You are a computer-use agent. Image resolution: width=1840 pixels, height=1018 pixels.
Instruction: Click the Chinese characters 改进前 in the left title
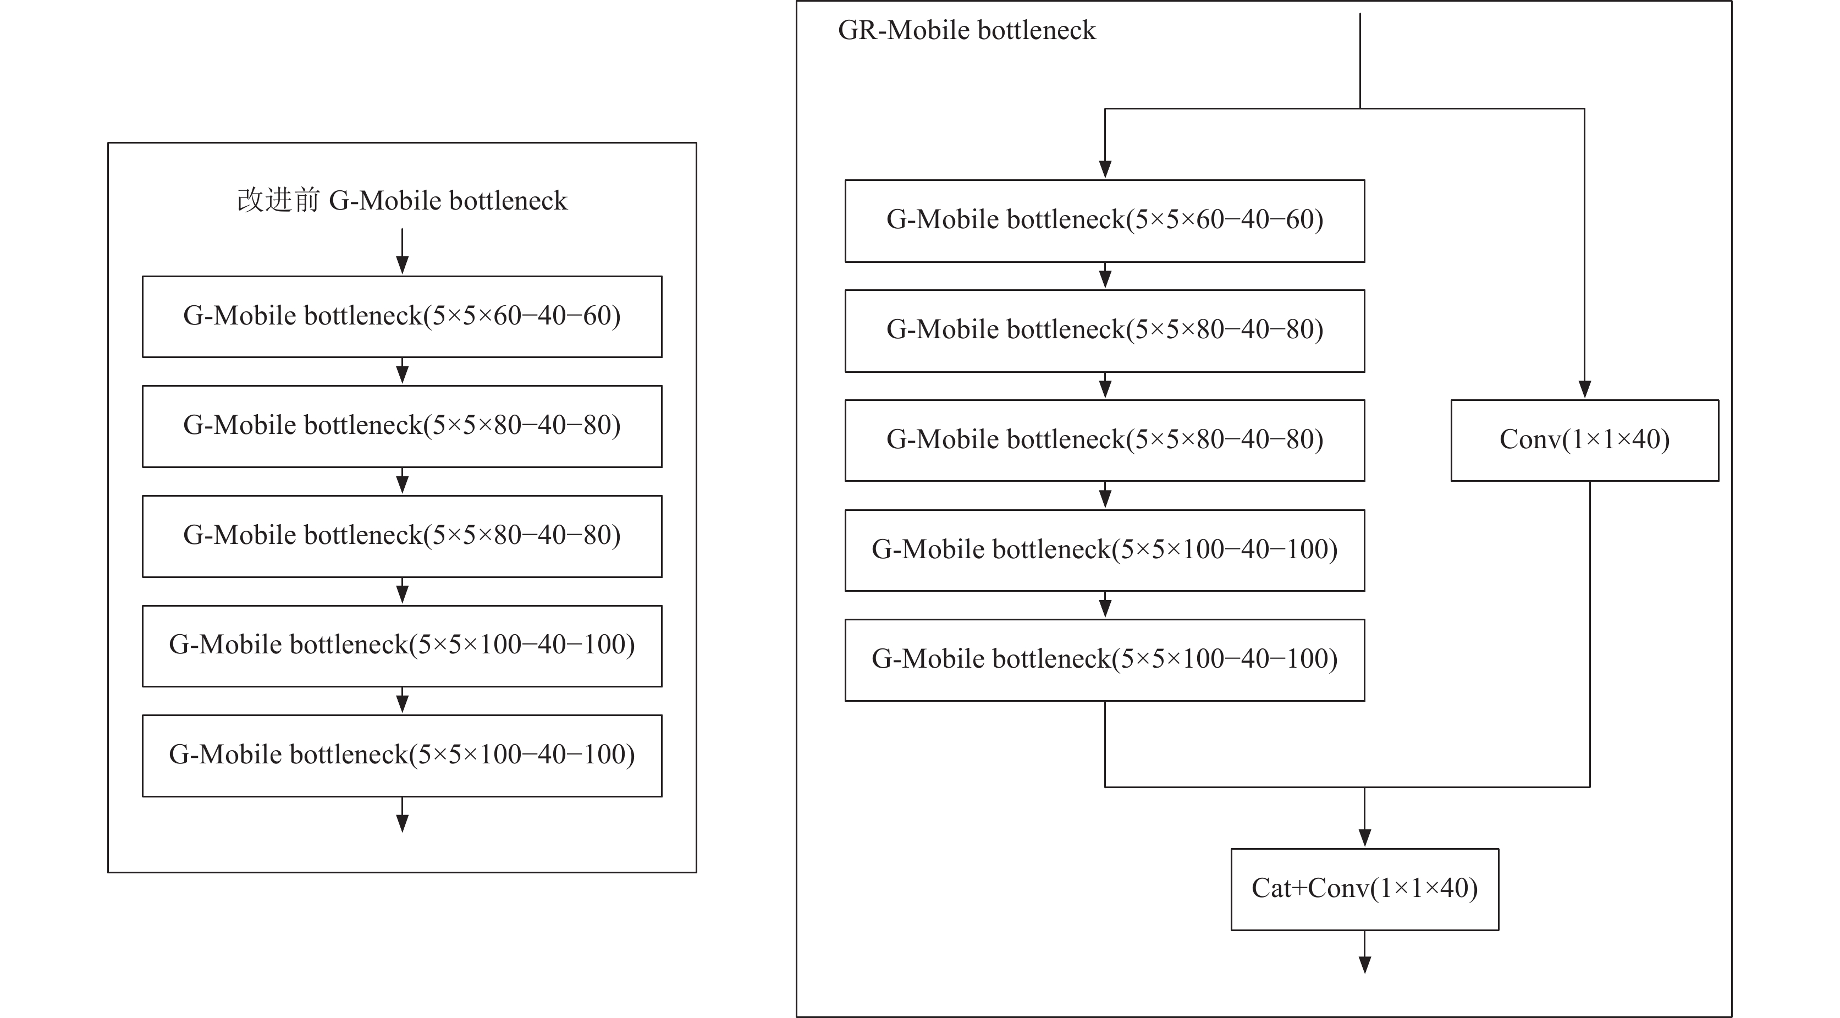pyautogui.click(x=279, y=201)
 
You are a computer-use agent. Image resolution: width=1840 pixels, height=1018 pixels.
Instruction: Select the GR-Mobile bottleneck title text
pyautogui.click(x=966, y=31)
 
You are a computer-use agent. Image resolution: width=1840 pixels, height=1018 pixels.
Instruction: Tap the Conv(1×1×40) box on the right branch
pyautogui.click(x=1584, y=440)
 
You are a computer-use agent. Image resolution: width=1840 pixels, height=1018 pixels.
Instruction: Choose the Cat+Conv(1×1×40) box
pyautogui.click(x=1364, y=889)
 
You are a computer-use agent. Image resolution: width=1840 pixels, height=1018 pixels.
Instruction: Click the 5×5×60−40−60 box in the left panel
pyautogui.click(x=402, y=316)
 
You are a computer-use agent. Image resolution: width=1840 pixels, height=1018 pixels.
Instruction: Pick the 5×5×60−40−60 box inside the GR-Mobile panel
pyautogui.click(x=1104, y=221)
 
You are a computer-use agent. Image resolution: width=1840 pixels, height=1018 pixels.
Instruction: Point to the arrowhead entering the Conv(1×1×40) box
pyautogui.click(x=1584, y=389)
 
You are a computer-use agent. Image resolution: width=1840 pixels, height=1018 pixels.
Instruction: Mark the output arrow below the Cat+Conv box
pyautogui.click(x=1364, y=952)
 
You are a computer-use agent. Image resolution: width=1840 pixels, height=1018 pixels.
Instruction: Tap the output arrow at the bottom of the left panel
pyautogui.click(x=402, y=815)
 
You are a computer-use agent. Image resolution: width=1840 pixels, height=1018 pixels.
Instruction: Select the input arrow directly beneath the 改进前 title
pyautogui.click(x=402, y=251)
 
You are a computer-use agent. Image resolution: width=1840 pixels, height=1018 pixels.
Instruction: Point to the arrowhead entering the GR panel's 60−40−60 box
pyautogui.click(x=1105, y=169)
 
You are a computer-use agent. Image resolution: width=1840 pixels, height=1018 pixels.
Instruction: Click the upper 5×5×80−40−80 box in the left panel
pyautogui.click(x=402, y=426)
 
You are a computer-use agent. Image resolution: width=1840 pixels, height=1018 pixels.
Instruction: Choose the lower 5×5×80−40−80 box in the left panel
pyautogui.click(x=402, y=537)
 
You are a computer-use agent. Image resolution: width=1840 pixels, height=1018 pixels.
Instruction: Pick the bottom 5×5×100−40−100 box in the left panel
pyautogui.click(x=402, y=756)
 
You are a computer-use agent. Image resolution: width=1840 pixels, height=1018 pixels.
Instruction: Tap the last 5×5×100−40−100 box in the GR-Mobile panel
pyautogui.click(x=1104, y=660)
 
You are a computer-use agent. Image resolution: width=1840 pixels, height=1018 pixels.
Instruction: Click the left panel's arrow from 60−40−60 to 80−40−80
pyautogui.click(x=402, y=371)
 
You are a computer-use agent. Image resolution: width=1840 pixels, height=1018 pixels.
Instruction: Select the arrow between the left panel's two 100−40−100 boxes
pyautogui.click(x=402, y=701)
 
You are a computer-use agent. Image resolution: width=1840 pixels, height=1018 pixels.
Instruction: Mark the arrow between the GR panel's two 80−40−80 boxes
pyautogui.click(x=1105, y=386)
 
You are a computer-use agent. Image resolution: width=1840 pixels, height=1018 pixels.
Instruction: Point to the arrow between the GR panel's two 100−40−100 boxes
pyautogui.click(x=1105, y=605)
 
